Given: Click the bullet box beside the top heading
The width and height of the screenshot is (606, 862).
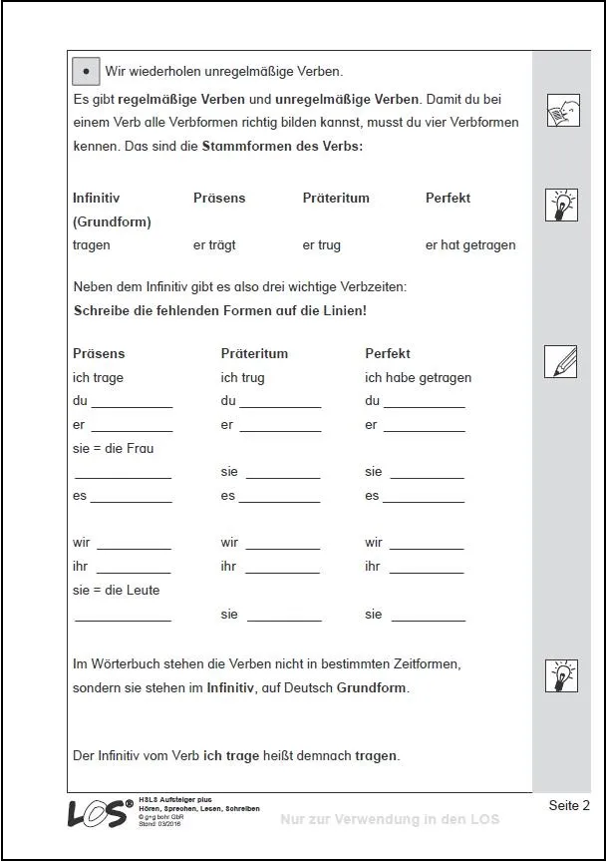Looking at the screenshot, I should (87, 72).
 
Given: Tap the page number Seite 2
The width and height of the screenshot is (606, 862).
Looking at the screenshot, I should (569, 805).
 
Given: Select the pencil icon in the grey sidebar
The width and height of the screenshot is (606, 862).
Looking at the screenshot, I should (561, 361).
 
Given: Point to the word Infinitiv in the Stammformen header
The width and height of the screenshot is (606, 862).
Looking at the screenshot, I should (96, 198).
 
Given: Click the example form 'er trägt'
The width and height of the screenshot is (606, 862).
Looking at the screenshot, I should (214, 245).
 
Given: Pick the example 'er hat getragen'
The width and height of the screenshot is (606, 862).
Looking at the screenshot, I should (470, 245).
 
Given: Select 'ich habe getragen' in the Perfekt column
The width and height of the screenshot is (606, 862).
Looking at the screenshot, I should (418, 378).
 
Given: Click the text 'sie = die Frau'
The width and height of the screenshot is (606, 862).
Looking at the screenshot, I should (114, 449).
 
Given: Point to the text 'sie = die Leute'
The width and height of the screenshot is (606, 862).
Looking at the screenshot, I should (116, 591).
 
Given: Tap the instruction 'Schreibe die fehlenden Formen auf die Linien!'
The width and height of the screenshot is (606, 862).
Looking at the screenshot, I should (220, 310).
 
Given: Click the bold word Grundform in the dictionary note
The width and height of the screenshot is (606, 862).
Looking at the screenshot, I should (373, 688).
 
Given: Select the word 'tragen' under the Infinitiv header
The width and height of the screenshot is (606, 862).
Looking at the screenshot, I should (92, 245).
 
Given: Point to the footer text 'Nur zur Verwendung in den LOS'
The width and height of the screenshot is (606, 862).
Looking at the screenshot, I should (390, 819).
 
